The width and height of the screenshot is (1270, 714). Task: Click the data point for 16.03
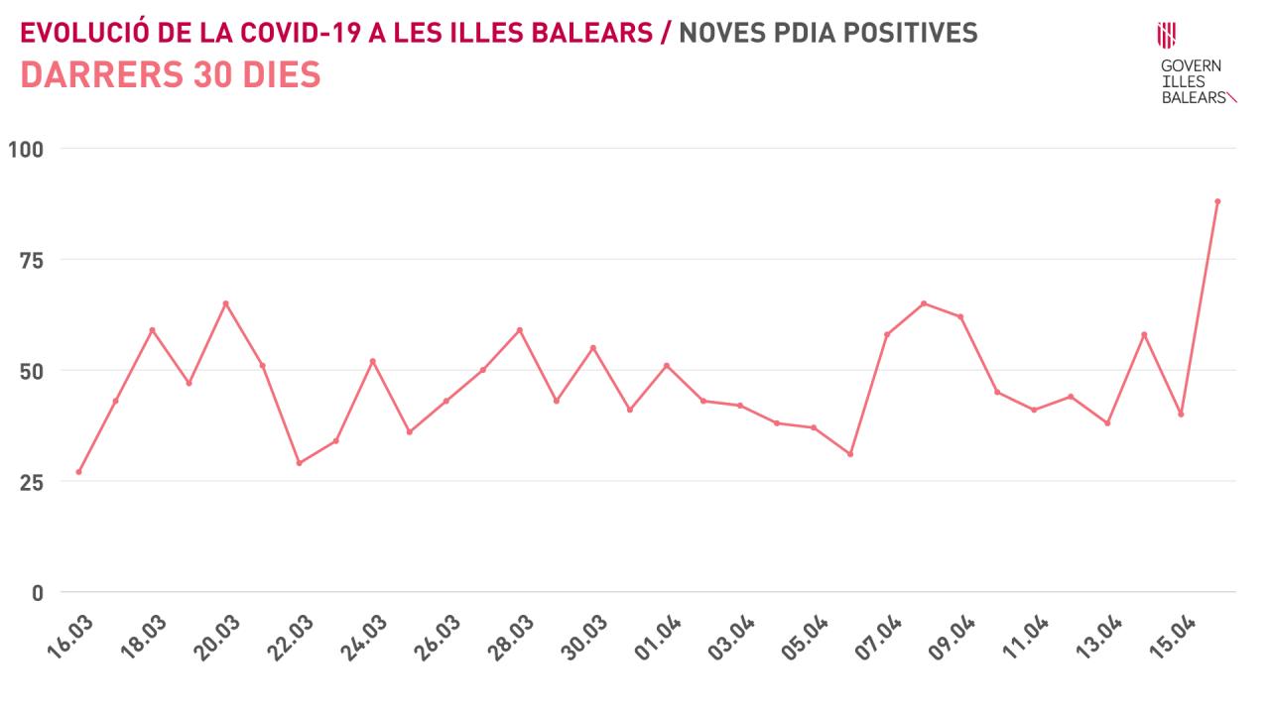click(x=78, y=472)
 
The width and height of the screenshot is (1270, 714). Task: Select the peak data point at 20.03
click(x=225, y=303)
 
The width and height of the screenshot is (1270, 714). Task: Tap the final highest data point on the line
click(x=1217, y=201)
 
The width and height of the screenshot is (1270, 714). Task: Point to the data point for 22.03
click(x=299, y=463)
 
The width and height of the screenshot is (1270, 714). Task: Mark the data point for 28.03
click(x=519, y=330)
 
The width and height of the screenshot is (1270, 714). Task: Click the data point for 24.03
click(x=372, y=361)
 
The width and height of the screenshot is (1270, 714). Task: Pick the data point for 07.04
click(x=887, y=334)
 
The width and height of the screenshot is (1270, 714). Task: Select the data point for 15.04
click(x=1181, y=414)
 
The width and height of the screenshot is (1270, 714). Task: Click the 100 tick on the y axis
click(x=26, y=150)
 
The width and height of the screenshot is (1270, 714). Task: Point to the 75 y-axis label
click(x=32, y=260)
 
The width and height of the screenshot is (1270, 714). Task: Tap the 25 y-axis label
click(x=32, y=482)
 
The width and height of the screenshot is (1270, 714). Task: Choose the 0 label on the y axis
click(x=38, y=593)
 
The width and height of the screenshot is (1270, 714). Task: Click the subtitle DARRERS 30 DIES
click(x=171, y=75)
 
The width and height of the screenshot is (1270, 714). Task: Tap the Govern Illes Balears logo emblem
click(x=1167, y=35)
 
